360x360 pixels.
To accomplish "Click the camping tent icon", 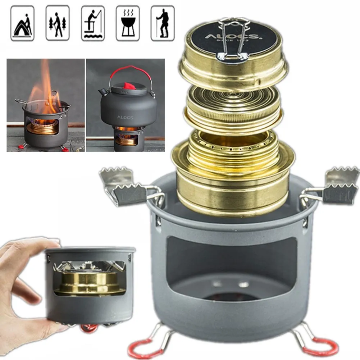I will tap(22, 23).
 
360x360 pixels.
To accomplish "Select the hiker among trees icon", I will tap(57, 23).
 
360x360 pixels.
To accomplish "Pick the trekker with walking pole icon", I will tap(162, 23).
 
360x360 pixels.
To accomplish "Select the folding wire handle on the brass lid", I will tap(234, 40).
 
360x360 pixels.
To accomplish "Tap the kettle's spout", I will tap(103, 92).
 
